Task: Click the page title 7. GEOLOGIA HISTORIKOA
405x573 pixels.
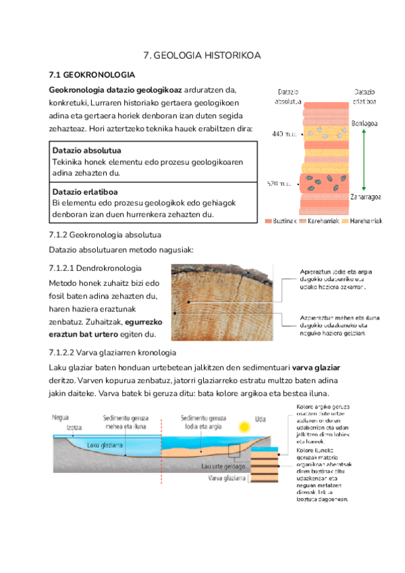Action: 202,55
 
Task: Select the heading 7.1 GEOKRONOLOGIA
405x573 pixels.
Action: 92,74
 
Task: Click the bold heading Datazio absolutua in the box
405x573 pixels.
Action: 91,150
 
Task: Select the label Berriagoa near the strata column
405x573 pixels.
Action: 365,123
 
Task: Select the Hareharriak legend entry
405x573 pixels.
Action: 363,221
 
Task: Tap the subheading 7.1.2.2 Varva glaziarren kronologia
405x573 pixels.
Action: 113,353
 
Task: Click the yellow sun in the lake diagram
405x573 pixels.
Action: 244,427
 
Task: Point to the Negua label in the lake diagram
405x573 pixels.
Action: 61,418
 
